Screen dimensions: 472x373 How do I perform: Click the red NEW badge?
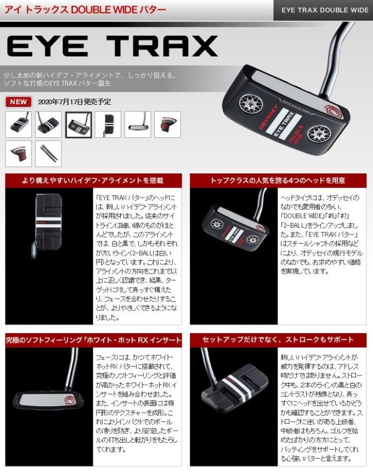point(19,102)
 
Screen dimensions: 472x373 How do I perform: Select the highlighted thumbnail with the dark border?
point(78,125)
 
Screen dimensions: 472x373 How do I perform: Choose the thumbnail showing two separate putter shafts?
point(48,154)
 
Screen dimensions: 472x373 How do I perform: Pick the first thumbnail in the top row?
point(19,125)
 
